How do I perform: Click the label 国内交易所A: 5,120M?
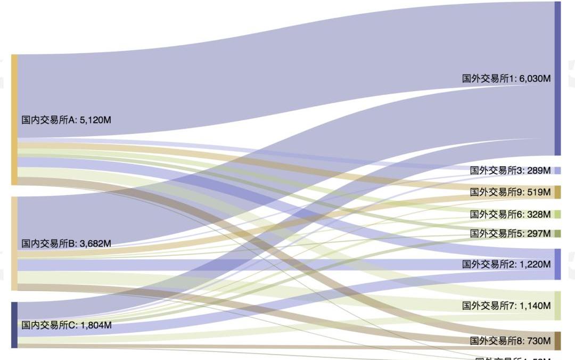[x=66, y=120]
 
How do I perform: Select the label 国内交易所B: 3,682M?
[x=66, y=243]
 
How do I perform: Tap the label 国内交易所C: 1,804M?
[x=66, y=325]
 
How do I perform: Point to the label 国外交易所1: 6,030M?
[x=506, y=78]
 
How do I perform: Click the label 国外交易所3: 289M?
[x=510, y=170]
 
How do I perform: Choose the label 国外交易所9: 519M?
[x=510, y=192]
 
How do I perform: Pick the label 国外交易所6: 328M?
[x=510, y=214]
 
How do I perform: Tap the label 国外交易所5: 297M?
[x=510, y=233]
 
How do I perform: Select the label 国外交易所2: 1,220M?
[x=506, y=264]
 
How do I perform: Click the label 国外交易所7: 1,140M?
[x=506, y=306]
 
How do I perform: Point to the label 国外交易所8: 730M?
[x=510, y=340]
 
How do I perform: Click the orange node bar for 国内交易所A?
[x=14, y=119]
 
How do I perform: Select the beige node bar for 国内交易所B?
[x=14, y=243]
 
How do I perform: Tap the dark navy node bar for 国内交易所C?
[x=14, y=325]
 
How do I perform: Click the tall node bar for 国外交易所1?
[x=557, y=78]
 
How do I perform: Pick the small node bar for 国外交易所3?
[x=557, y=170]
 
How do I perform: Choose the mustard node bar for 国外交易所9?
[x=557, y=192]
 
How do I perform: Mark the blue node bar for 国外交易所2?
[x=557, y=264]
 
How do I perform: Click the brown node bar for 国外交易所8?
[x=557, y=340]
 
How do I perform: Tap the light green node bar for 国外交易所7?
[x=557, y=306]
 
